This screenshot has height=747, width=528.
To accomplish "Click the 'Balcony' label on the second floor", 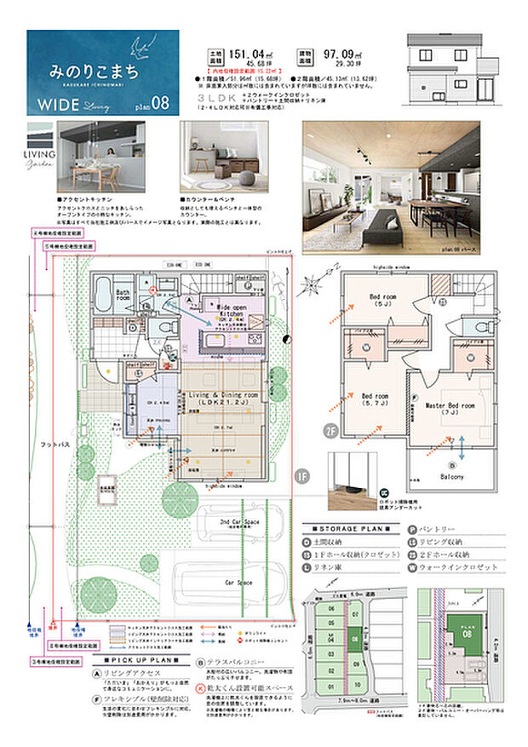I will pos(451,477).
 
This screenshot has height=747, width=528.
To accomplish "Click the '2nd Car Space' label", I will pos(240,520).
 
